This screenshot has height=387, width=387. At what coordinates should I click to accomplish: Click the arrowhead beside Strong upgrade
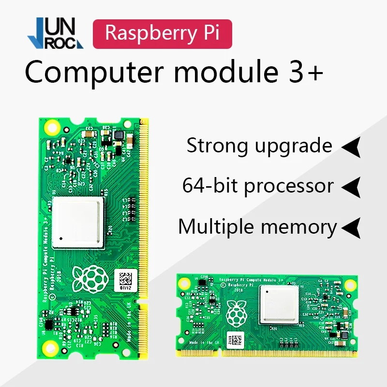point(352,147)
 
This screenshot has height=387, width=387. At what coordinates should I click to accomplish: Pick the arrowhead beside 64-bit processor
point(352,187)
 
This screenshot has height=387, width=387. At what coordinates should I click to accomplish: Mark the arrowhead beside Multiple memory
point(352,227)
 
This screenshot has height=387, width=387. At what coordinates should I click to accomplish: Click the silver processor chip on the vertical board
point(78,222)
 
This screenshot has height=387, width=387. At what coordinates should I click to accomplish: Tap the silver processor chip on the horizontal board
point(278,303)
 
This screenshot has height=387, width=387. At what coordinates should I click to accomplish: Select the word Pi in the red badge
point(209,33)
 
